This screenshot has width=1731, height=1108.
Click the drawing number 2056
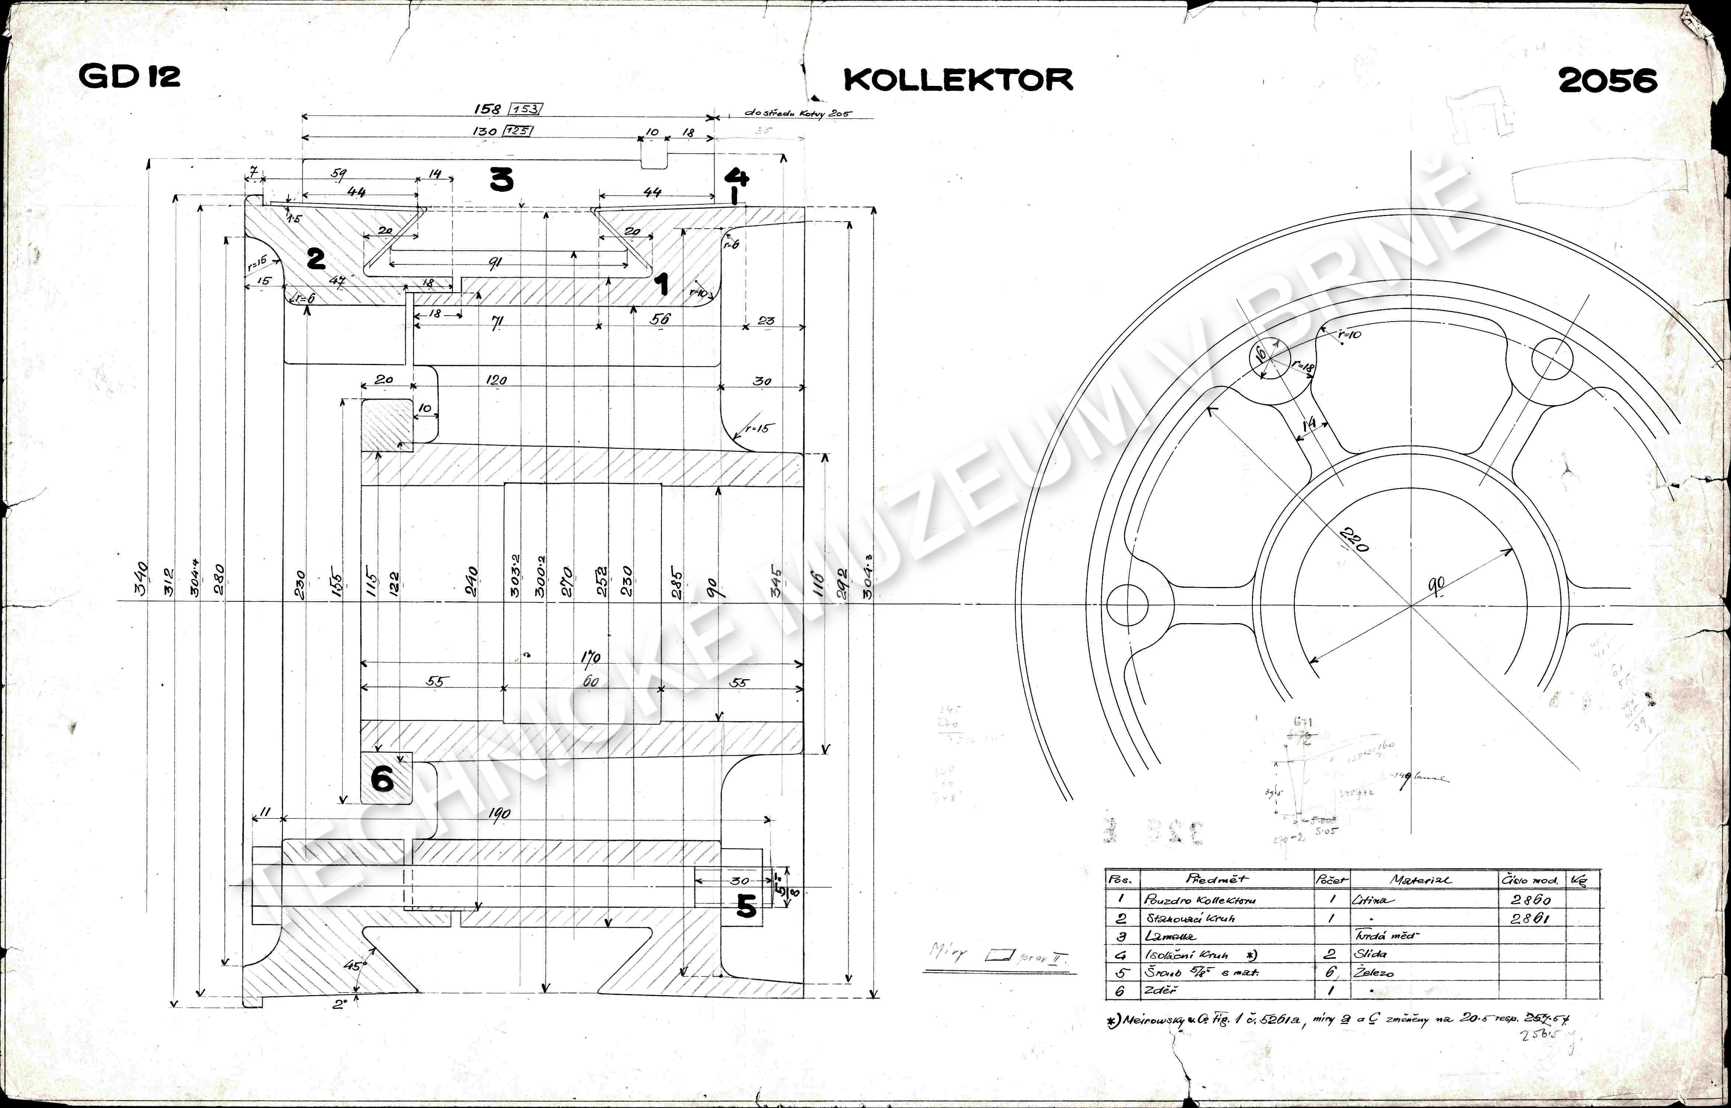coord(1607,81)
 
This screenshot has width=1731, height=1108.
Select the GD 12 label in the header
coord(129,76)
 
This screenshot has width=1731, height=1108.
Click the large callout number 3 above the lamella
coord(501,179)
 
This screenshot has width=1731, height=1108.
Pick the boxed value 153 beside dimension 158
coord(526,110)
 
